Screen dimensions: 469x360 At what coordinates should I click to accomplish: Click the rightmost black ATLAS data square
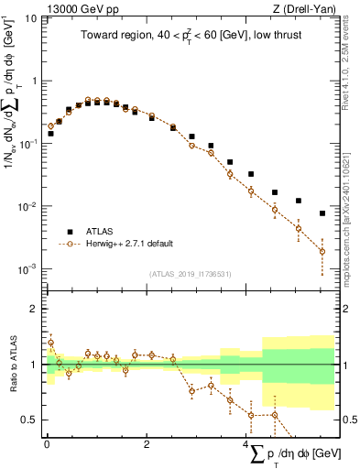point(322,213)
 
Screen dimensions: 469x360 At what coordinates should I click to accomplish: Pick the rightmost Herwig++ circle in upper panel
point(322,251)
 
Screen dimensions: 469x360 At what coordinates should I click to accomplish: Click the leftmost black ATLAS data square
point(50,134)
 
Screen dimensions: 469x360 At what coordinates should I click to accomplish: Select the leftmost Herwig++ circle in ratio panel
point(50,343)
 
